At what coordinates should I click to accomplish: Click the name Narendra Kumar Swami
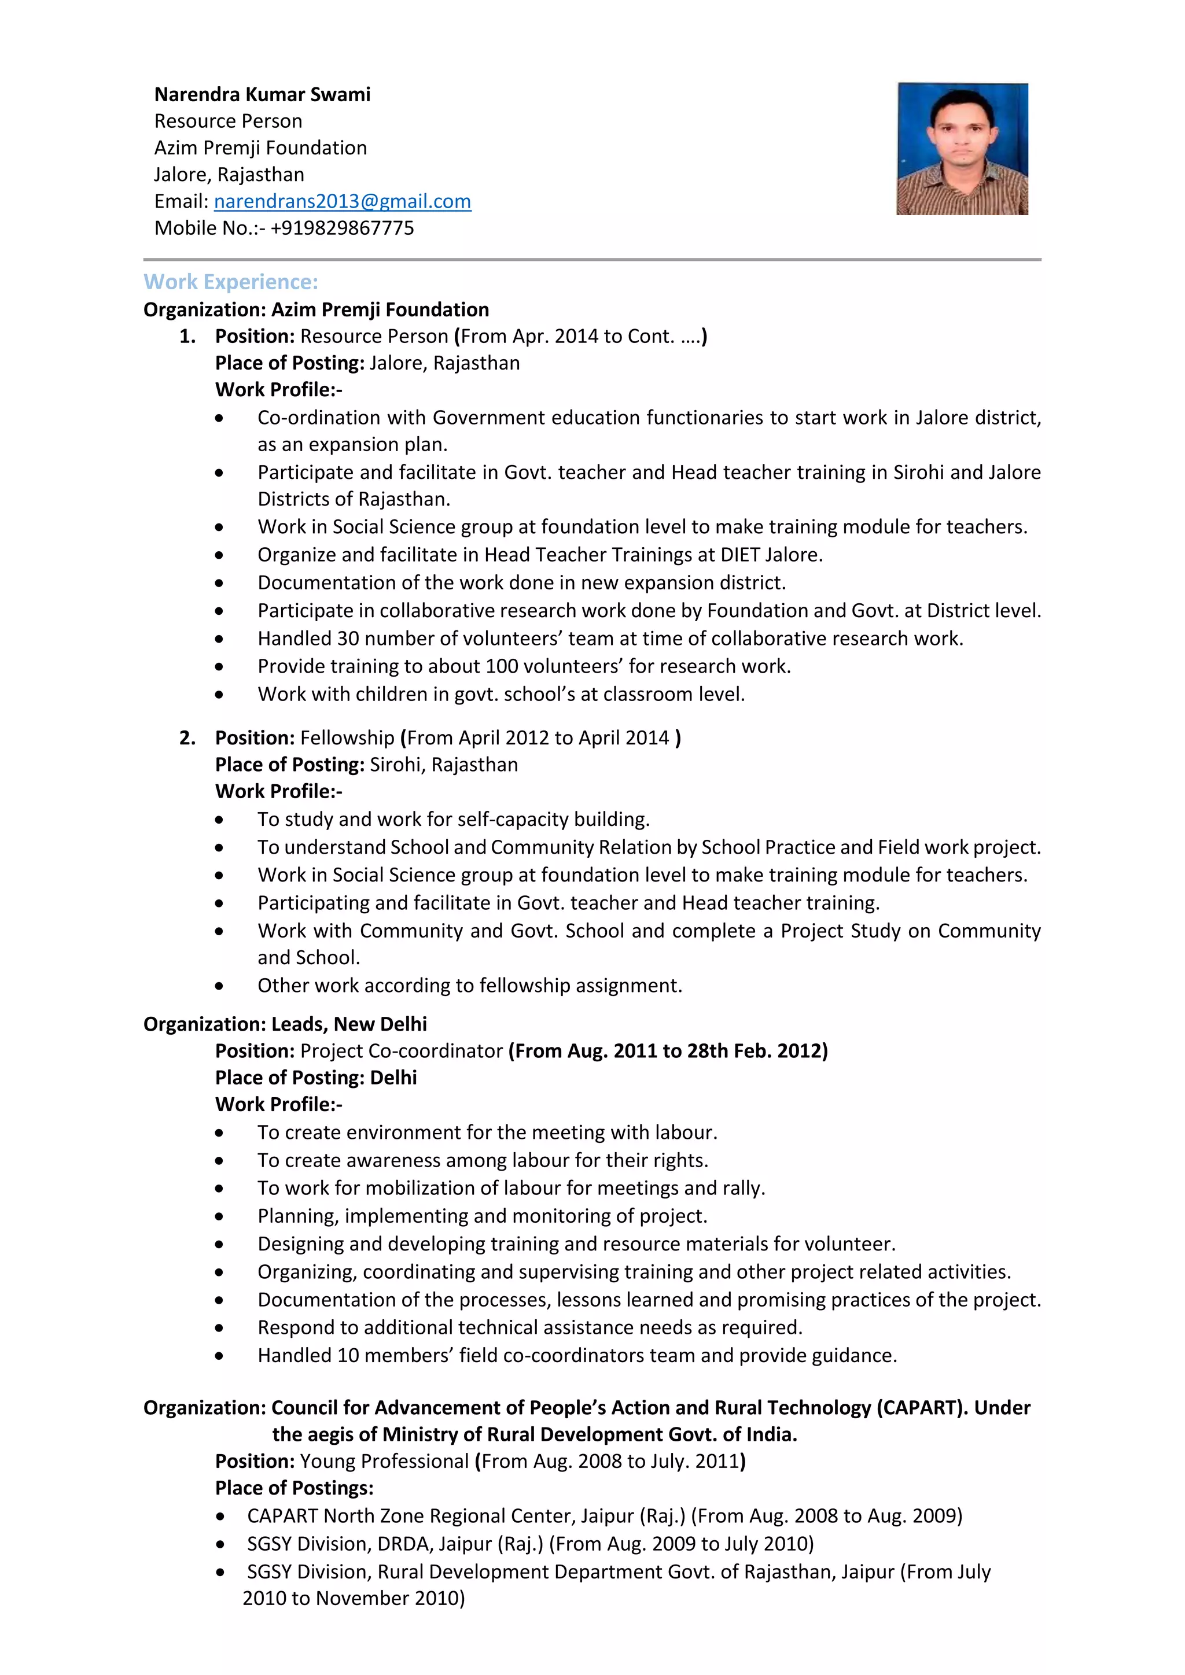(x=262, y=94)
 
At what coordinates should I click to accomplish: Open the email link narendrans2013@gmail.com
(x=342, y=201)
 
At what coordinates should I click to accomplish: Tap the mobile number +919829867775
(x=341, y=228)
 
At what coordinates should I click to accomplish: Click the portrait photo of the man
(x=962, y=149)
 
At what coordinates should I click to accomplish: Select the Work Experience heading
(x=231, y=282)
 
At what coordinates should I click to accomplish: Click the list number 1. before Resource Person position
(x=187, y=336)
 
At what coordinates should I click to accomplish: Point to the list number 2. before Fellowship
(x=187, y=737)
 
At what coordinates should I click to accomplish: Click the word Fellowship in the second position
(x=347, y=737)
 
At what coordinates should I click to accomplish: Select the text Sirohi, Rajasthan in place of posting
(x=444, y=765)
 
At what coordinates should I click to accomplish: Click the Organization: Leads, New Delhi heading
(x=285, y=1024)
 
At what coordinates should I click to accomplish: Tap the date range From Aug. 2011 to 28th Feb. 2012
(x=668, y=1052)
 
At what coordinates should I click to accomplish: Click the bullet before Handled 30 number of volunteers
(x=219, y=639)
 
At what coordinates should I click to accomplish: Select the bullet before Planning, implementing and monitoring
(x=219, y=1217)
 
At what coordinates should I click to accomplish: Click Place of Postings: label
(x=294, y=1488)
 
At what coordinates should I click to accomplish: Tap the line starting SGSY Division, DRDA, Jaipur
(x=530, y=1544)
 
